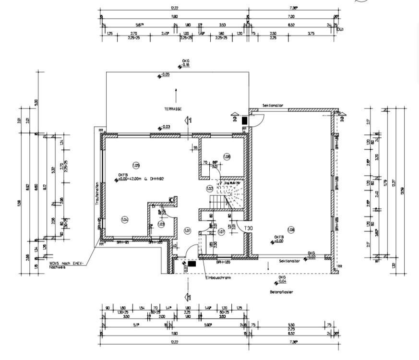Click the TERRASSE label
[x=173, y=109]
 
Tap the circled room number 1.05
[x=136, y=165]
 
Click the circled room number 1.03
[x=161, y=224]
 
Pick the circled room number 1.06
[x=227, y=156]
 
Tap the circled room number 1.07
[x=221, y=232]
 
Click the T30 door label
[x=248, y=228]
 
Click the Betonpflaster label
[x=282, y=291]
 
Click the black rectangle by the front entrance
[x=192, y=263]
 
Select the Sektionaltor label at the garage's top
[x=273, y=105]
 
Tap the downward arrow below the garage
[x=268, y=266]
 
